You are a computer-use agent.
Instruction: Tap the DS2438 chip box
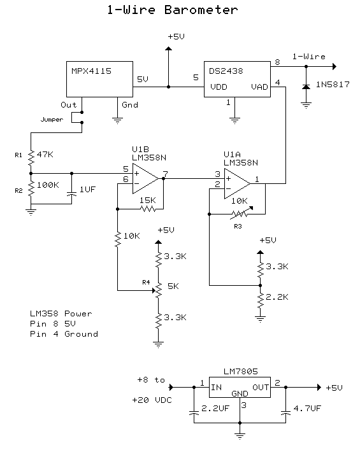pos(236,79)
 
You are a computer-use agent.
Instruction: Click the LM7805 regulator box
pos(239,386)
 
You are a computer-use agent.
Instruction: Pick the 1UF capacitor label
pos(87,190)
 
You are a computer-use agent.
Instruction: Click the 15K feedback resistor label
pos(148,199)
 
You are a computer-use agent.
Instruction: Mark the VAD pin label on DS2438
pos(259,87)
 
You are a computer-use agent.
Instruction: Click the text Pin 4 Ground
pos(64,334)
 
